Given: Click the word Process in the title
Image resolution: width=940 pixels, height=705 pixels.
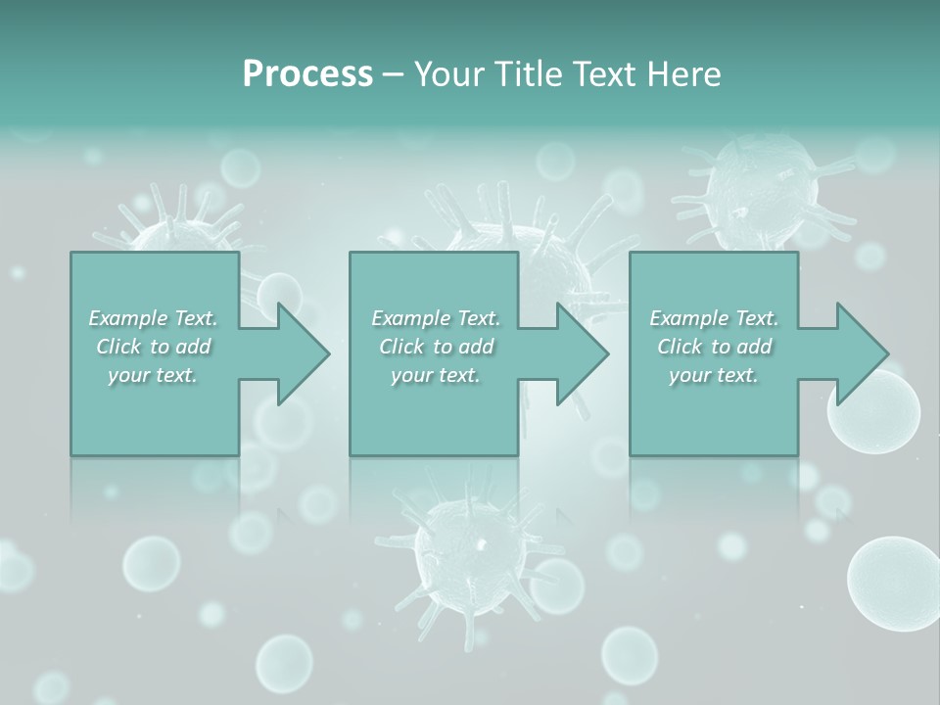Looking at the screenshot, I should point(307,74).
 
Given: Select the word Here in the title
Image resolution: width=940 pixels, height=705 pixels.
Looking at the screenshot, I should point(684,74).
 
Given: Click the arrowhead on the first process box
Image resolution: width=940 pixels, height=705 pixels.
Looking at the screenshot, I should point(300,353).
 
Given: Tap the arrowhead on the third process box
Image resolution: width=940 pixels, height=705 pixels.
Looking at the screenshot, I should point(859,353).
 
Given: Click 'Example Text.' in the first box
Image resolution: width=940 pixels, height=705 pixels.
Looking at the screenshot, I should point(154,318).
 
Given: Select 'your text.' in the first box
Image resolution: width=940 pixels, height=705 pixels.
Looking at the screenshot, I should point(154,375).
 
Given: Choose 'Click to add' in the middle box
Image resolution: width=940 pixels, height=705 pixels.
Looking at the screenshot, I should point(435,347).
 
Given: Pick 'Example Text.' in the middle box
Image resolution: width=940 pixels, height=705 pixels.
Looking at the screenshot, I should point(435,318).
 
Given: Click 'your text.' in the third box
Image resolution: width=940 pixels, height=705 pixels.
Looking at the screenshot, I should point(714,375).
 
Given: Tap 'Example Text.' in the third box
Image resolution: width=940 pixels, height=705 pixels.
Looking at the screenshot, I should point(714,318).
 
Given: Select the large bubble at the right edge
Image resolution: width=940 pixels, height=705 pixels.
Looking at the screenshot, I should point(893,582).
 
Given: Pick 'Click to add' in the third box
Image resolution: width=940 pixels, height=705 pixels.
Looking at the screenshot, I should point(714,347).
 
